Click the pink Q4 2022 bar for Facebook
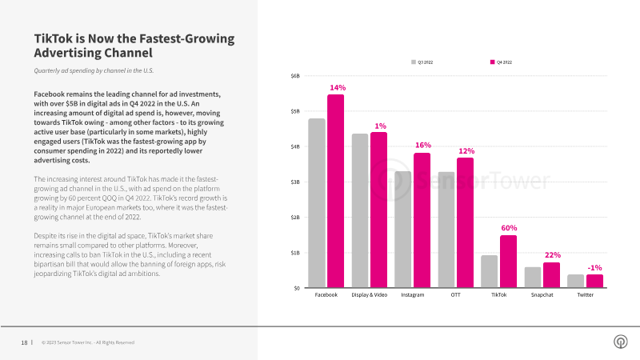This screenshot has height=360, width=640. pyautogui.click(x=335, y=191)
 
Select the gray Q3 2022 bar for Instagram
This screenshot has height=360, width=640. pyautogui.click(x=403, y=230)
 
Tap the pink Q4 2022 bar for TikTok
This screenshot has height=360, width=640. pyautogui.click(x=508, y=262)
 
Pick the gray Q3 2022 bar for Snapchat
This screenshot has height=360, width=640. pyautogui.click(x=533, y=278)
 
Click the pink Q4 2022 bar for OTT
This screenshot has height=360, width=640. pyautogui.click(x=466, y=223)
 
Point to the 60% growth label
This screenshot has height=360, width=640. pyautogui.click(x=509, y=228)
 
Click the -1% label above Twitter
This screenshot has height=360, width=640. pyautogui.click(x=594, y=268)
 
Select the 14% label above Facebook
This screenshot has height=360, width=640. pyautogui.click(x=338, y=88)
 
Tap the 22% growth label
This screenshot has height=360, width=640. pyautogui.click(x=553, y=255)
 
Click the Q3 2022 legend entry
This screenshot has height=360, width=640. pyautogui.click(x=422, y=62)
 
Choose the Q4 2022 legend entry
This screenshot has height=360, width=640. pyautogui.click(x=501, y=62)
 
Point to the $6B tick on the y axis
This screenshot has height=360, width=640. pyautogui.click(x=295, y=76)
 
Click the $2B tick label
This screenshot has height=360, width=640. pyautogui.click(x=295, y=218)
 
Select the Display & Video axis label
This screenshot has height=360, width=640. pyautogui.click(x=370, y=294)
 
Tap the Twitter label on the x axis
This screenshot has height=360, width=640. pyautogui.click(x=586, y=294)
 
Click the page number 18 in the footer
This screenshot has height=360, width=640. pyautogui.click(x=25, y=343)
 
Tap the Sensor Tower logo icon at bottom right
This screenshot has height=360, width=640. pyautogui.click(x=621, y=342)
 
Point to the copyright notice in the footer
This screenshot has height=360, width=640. pyautogui.click(x=88, y=342)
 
